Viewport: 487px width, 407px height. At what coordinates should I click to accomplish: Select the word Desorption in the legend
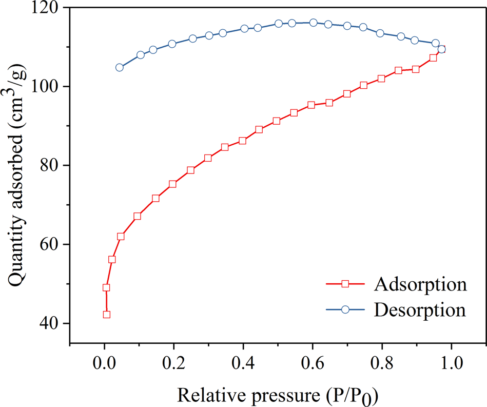point(420,309)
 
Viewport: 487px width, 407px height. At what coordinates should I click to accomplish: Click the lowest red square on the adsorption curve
point(106,314)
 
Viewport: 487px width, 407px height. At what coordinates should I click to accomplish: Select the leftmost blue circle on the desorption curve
point(120,67)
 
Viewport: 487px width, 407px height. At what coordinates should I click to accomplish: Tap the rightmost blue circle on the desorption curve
point(441,49)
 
